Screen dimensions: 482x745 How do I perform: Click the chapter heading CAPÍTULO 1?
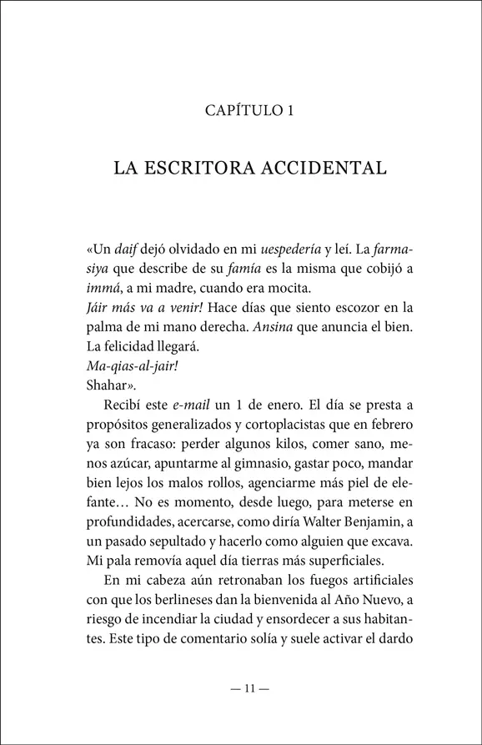tap(241, 110)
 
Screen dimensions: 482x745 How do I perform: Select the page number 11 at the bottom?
tap(241, 688)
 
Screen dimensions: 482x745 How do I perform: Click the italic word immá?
tap(100, 289)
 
